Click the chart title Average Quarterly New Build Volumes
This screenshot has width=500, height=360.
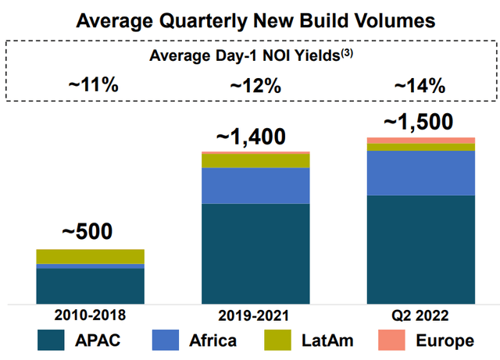point(255,21)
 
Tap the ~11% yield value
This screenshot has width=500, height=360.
point(94,85)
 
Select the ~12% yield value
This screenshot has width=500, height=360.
point(255,86)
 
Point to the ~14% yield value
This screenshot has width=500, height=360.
point(420,86)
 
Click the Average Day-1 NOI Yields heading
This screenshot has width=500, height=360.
point(251,55)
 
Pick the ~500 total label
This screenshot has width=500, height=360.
point(87,231)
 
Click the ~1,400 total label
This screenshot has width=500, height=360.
point(251,137)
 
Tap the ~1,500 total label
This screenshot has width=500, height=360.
point(419,122)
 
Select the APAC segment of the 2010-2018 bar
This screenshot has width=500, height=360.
point(91,287)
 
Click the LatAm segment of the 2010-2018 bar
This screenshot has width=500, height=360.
point(91,257)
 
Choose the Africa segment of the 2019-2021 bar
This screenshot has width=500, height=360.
point(255,186)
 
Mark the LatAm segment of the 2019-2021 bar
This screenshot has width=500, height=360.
point(255,161)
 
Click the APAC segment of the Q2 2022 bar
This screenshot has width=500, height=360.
point(421,250)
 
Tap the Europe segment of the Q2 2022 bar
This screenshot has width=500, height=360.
point(421,141)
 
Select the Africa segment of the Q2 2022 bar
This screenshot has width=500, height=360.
point(421,173)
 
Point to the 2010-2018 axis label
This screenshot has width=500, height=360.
point(91,315)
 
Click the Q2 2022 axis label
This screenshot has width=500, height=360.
point(420,315)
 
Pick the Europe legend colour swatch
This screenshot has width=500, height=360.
point(391,340)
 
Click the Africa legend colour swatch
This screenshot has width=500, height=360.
point(166,340)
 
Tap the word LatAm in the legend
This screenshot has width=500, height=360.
point(327,340)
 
